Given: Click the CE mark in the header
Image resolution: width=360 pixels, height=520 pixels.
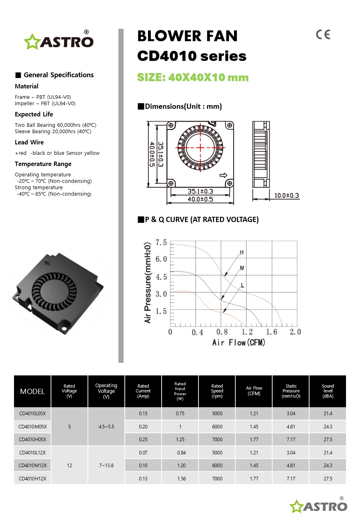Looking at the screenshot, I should coord(323,35).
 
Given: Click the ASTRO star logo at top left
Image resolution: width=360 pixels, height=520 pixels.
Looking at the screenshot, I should coord(58,41).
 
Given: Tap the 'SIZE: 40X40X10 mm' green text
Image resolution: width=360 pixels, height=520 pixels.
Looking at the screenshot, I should coord(193,77).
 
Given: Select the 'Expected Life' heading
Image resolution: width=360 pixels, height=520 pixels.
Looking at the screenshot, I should coord(34,114).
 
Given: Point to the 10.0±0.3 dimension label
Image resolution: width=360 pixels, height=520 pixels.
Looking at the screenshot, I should coord(286,196).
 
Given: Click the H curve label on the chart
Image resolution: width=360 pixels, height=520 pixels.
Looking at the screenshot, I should coord(242,252).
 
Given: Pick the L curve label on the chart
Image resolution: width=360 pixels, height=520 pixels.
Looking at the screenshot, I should coord(242,285).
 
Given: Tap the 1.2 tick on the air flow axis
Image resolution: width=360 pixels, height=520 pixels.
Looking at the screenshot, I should coord(247,332).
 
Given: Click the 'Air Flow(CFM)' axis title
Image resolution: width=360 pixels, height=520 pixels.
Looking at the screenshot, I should coord(239,342).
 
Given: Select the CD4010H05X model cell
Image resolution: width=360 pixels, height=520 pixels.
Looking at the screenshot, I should coord(32,439).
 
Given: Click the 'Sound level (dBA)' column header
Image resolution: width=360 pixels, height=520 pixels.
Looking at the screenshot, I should coord(328,391).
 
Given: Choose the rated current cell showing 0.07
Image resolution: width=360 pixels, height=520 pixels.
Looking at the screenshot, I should coord(143,452).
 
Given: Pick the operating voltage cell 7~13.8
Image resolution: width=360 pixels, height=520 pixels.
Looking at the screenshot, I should coord(106,465).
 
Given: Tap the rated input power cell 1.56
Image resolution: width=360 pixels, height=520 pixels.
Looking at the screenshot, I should coord(180,478).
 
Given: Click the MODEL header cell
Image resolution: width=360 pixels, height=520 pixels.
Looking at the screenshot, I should coord(32,392).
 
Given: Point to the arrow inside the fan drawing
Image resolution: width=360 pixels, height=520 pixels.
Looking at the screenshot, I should coord(224,176).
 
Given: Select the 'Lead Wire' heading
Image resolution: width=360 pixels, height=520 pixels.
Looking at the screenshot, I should coord(29,142).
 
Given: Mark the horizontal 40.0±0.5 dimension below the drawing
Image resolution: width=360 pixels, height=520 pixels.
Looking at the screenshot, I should coord(200,199).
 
